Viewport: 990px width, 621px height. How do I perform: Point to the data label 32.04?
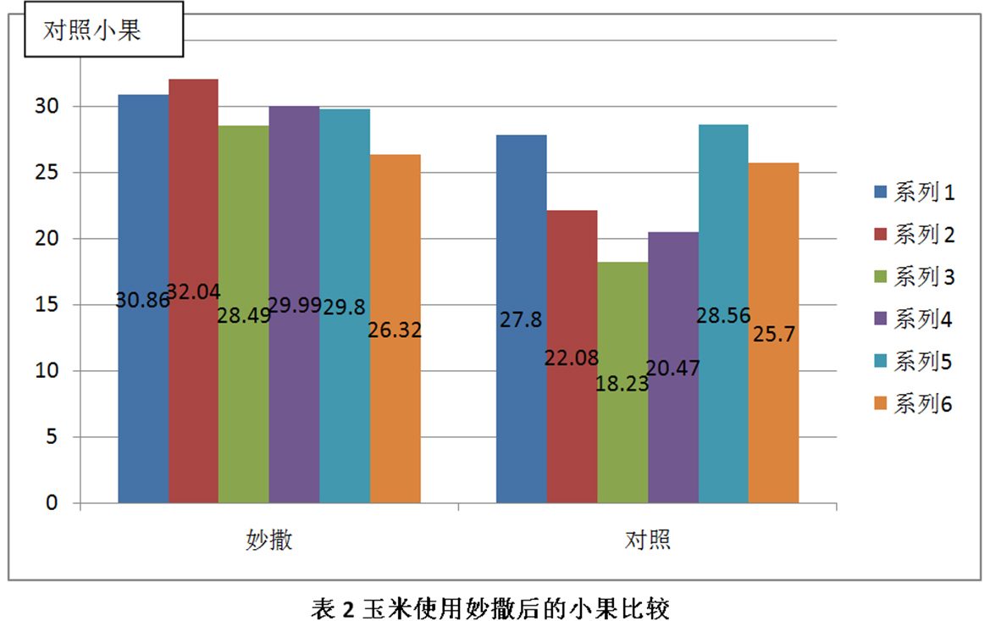pos(193,292)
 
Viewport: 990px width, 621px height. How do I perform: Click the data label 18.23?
pos(622,383)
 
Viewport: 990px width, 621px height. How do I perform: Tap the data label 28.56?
pos(723,315)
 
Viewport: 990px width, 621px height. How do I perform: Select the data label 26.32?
pos(395,330)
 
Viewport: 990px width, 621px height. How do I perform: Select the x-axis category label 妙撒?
pos(269,540)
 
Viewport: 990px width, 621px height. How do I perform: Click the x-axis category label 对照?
pos(648,540)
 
